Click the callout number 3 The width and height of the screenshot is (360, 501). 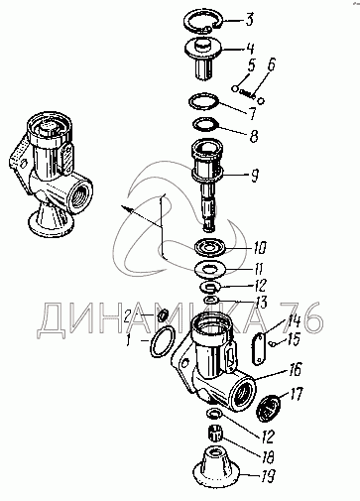coord(249,20)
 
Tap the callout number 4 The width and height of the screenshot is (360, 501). coord(250,49)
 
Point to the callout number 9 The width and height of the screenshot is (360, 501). coord(254,176)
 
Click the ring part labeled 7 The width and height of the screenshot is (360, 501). coord(189,102)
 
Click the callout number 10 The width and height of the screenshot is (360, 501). coord(260,247)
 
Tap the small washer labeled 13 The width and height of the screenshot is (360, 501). coord(210,301)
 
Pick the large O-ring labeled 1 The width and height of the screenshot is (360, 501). coord(152,342)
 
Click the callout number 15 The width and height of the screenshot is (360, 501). coord(293,340)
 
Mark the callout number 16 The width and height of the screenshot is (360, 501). coord(296,369)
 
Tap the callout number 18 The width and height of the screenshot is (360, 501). coord(267,457)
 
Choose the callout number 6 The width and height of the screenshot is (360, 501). coord(271,64)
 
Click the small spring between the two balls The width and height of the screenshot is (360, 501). coord(247,94)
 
